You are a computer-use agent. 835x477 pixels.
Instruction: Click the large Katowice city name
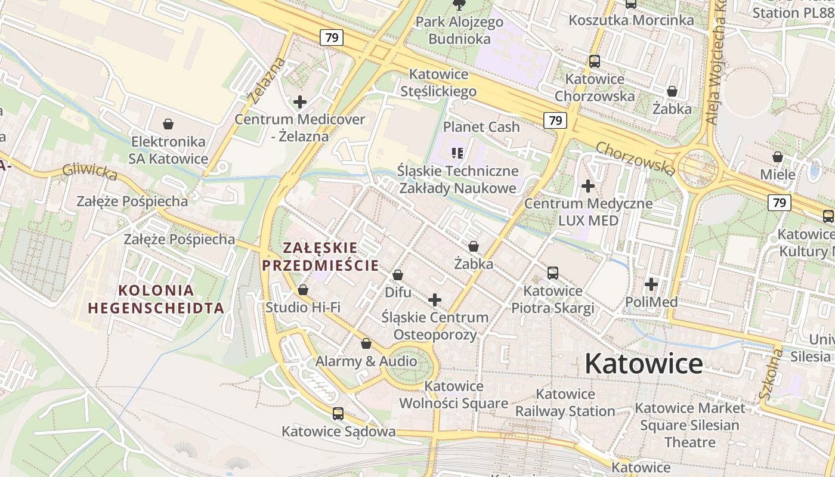[x=644, y=364]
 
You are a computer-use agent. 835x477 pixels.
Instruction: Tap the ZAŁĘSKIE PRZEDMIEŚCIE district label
[x=320, y=256]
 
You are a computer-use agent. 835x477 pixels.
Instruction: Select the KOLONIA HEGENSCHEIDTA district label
[x=156, y=299]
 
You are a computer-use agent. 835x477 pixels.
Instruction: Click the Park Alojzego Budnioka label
[x=459, y=30]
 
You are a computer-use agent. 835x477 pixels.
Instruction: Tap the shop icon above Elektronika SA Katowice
[x=168, y=124]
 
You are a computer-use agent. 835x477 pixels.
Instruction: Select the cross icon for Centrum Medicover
[x=299, y=102]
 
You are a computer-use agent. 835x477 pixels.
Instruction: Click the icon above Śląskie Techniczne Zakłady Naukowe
[x=457, y=153]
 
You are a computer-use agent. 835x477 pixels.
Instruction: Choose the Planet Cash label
[x=481, y=127]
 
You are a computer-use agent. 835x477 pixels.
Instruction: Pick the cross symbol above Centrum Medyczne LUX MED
[x=588, y=186]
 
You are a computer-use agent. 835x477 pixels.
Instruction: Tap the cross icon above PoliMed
[x=651, y=284]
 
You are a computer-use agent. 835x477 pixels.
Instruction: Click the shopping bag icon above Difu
[x=398, y=275]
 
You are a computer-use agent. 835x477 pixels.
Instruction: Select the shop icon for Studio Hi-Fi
[x=303, y=290]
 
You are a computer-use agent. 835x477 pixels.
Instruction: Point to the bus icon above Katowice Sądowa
[x=338, y=413]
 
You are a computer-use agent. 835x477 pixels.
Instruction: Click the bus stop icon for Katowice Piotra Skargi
[x=553, y=273]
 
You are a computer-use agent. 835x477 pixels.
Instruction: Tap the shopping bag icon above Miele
[x=778, y=157]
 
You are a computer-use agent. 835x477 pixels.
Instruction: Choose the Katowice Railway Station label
[x=565, y=402]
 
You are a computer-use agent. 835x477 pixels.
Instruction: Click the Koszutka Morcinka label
[x=631, y=20]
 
